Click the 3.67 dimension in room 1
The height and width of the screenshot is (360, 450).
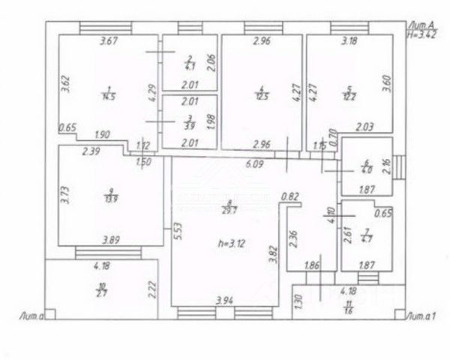point(110,42)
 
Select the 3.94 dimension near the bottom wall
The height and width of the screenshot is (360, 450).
point(225,300)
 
